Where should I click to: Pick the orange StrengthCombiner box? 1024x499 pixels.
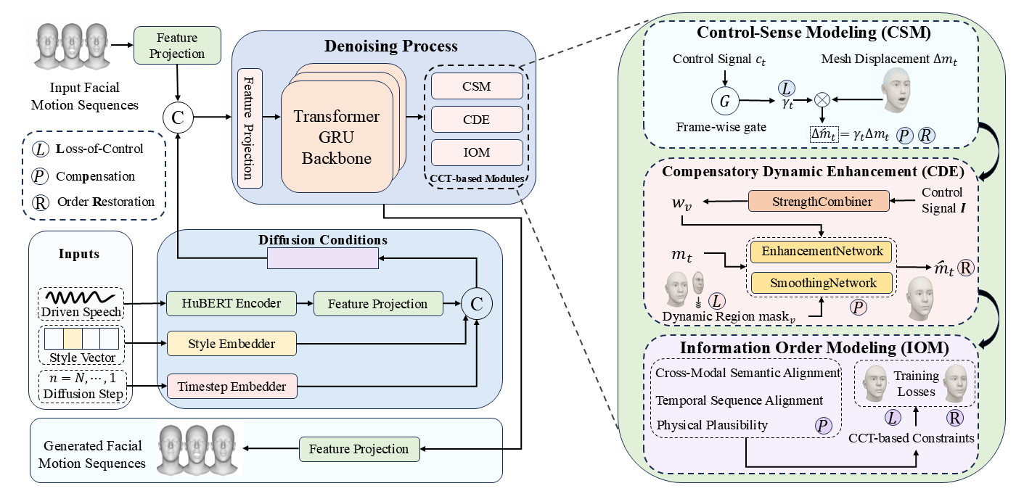click(819, 202)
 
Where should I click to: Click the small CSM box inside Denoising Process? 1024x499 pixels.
click(477, 86)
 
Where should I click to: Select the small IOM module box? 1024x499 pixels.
click(477, 153)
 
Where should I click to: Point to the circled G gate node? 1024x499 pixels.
click(724, 102)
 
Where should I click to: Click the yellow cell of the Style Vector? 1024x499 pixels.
click(73, 339)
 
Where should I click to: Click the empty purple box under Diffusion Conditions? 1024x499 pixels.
click(323, 257)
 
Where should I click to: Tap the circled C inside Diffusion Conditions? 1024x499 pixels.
click(476, 305)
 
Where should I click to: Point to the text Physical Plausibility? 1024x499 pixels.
click(711, 425)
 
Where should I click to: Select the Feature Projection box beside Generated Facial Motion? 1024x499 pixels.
click(359, 449)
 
